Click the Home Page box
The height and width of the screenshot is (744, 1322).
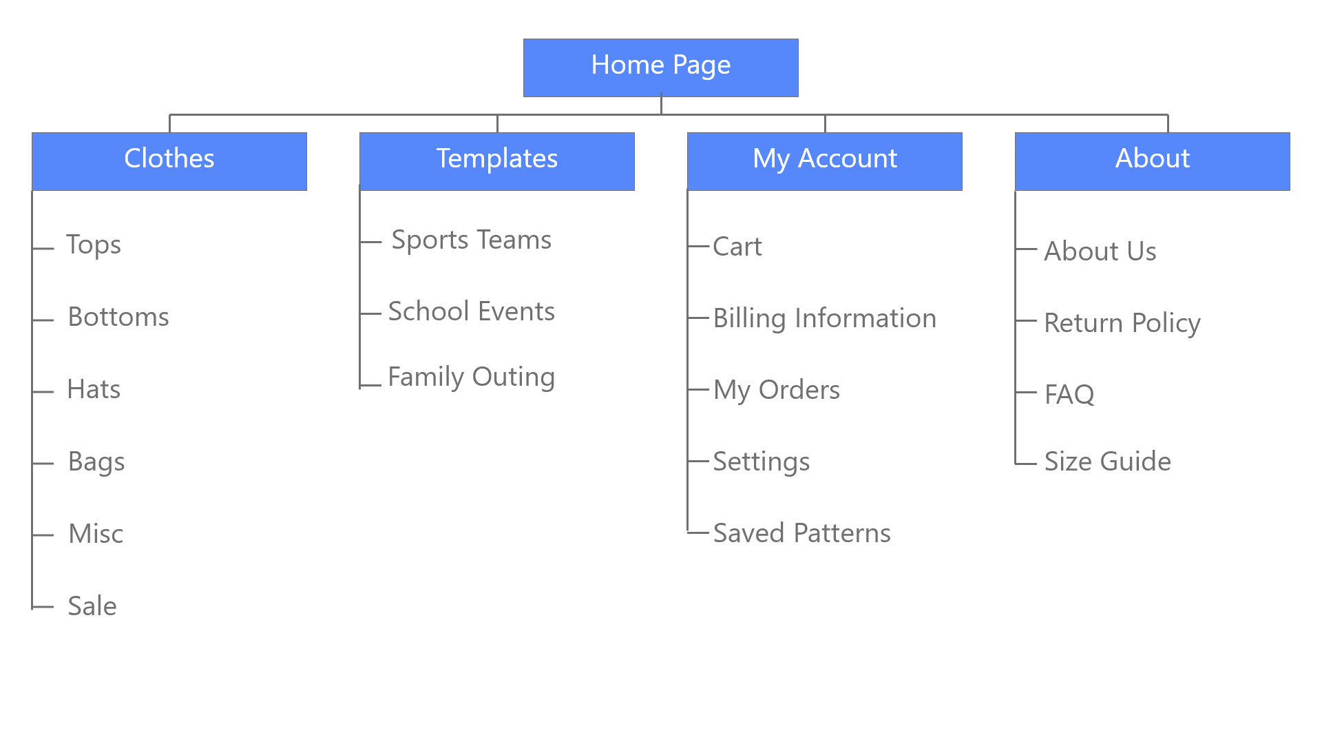660,67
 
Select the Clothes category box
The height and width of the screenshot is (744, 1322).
169,161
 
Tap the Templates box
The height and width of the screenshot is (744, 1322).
496,161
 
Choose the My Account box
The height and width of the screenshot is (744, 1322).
824,161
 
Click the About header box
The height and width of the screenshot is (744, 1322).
1152,161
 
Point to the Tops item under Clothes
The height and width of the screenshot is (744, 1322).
94,245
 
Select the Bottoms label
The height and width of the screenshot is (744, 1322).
118,318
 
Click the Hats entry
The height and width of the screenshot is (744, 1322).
94,390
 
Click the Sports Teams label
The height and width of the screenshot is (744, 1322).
471,240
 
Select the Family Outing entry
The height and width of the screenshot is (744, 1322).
471,378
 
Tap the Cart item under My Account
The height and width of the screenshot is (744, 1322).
737,247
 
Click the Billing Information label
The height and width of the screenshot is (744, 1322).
824,319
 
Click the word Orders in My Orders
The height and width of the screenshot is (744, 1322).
799,391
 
